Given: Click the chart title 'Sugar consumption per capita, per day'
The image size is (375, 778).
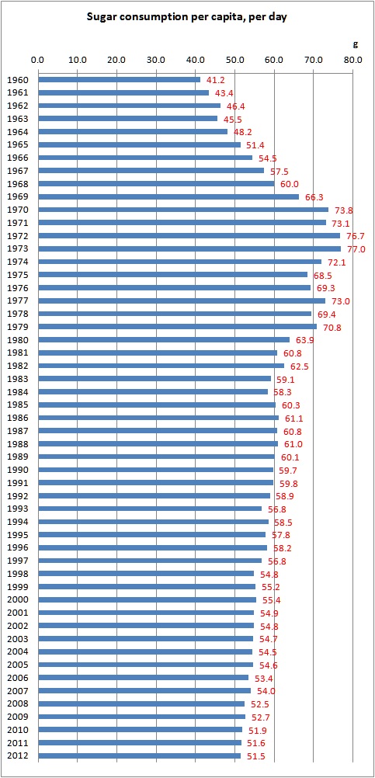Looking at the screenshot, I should click(187, 16).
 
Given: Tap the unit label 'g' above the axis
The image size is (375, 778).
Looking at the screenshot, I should click(356, 43).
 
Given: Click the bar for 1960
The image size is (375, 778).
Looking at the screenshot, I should click(119, 79).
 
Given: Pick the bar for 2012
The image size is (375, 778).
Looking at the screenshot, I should click(139, 755).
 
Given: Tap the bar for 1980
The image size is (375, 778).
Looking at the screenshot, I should click(163, 339).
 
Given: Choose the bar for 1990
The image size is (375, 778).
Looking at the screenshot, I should click(155, 470).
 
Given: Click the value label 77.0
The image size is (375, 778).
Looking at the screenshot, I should click(356, 248).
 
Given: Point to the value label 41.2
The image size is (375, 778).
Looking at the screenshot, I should click(215, 80).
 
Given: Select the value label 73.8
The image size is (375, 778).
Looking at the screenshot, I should click(343, 210).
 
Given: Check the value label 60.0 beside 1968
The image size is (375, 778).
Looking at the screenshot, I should click(289, 184).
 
